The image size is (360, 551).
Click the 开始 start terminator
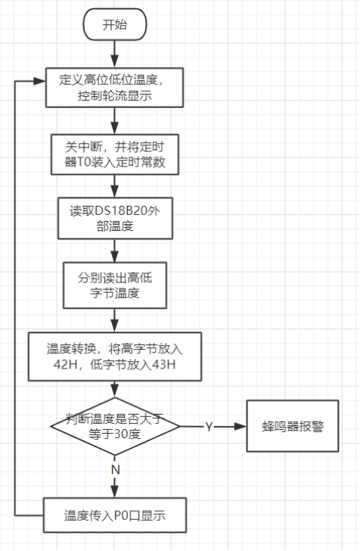115,24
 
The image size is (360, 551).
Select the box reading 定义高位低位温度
114,88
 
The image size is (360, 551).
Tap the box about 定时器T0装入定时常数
115,154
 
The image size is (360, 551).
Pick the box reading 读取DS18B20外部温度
115,218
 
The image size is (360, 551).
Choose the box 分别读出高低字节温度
115,285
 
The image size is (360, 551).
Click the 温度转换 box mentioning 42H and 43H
115,356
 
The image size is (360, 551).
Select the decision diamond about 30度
115,426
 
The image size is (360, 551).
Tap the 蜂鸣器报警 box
293,426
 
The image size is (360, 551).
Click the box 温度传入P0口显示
115,515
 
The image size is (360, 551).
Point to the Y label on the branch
209,427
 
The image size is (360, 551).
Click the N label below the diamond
115,469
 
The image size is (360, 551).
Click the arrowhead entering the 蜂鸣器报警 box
241,426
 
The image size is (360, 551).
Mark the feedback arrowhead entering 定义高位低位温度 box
39,81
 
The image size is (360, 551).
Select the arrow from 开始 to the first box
115,54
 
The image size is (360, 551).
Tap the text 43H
163,364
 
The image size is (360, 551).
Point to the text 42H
66,364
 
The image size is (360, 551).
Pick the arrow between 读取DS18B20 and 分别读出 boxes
115,251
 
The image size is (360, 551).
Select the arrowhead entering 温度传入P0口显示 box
115,491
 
